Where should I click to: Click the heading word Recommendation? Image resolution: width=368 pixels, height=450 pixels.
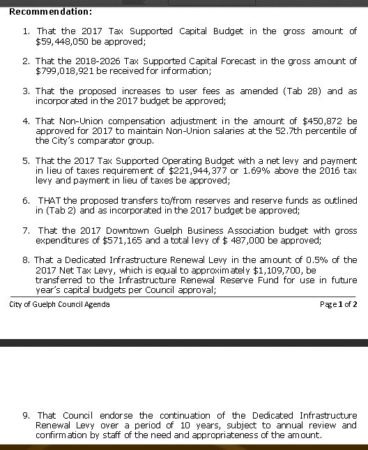pos(50,11)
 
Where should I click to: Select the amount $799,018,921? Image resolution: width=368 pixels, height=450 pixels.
pos(66,70)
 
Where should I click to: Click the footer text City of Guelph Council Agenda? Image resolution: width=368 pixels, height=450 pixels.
pos(59,304)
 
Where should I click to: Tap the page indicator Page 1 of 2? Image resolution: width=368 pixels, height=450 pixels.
pos(338,304)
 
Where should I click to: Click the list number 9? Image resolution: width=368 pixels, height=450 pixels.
pos(26,415)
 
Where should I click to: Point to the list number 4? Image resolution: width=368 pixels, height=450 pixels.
pos(26,121)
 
